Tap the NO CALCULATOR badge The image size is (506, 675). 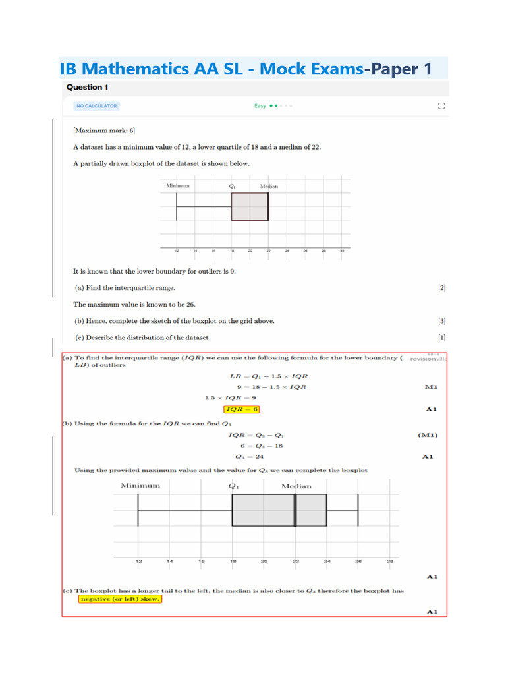click(x=96, y=105)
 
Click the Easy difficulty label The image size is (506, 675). click(x=260, y=105)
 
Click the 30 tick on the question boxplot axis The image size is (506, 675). click(x=342, y=251)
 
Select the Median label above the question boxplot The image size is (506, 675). click(x=269, y=186)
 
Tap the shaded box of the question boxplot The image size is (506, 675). click(x=250, y=207)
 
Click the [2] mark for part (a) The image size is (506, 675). click(x=441, y=288)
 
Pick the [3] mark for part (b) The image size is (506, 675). click(x=441, y=321)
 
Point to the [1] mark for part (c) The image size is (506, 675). click(x=441, y=337)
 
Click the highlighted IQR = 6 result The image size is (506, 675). click(x=242, y=409)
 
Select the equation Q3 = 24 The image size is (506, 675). click(x=250, y=456)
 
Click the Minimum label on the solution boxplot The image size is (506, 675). click(x=140, y=486)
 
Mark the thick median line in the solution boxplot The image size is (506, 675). click(x=295, y=510)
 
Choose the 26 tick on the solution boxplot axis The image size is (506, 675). click(x=358, y=562)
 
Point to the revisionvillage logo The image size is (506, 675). click(x=428, y=359)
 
